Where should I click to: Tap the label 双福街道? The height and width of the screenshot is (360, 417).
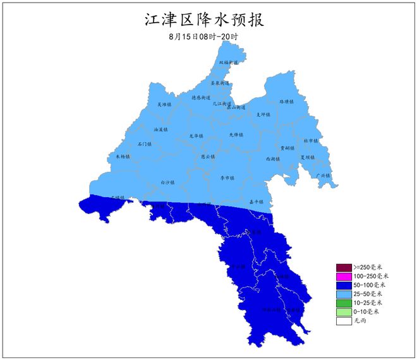click(229, 63)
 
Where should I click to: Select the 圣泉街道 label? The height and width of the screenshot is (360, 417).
click(220, 83)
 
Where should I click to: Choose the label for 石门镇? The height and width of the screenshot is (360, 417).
click(145, 144)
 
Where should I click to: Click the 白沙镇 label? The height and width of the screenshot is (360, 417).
click(167, 182)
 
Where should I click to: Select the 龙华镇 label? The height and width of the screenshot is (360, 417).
click(196, 136)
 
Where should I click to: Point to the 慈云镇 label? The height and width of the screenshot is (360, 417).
click(208, 156)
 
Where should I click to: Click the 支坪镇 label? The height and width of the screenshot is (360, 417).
click(263, 114)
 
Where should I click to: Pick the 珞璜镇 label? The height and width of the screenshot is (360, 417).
click(287, 101)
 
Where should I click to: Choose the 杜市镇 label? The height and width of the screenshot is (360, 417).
click(311, 141)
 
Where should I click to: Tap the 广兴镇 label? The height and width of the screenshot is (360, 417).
click(322, 176)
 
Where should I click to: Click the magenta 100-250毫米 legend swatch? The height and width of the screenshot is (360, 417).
click(343, 277)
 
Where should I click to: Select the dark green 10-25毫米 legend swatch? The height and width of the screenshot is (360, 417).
click(343, 303)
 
